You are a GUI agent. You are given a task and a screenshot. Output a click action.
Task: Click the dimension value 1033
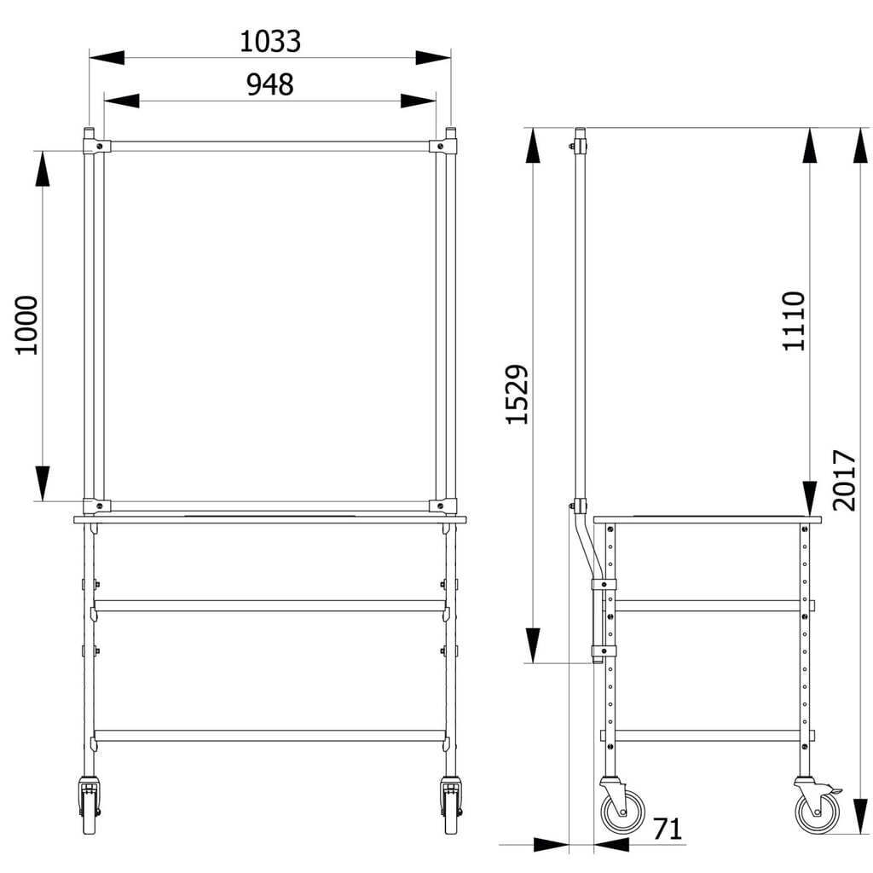tap(270, 42)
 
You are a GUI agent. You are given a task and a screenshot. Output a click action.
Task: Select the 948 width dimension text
tap(270, 84)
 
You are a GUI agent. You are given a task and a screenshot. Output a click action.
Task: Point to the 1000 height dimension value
tap(26, 325)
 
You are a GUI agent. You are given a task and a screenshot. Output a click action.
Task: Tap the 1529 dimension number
tap(517, 394)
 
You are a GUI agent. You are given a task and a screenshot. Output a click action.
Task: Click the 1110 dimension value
tap(794, 321)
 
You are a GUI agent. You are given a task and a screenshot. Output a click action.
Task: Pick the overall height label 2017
tap(844, 480)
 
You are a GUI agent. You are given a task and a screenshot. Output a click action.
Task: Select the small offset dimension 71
tap(667, 829)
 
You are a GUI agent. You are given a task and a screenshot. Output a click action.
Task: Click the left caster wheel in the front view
tap(89, 805)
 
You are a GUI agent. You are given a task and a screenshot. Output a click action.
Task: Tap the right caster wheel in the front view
tap(449, 805)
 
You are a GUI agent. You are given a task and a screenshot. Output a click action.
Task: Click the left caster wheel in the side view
tap(622, 806)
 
